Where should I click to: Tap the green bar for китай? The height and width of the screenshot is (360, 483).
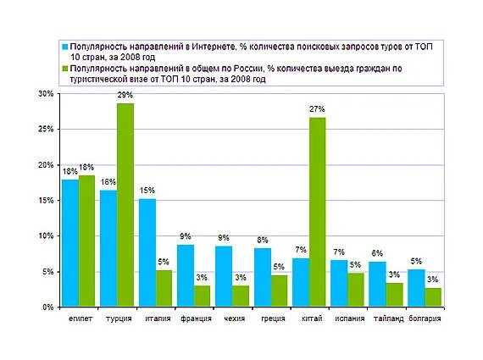pyautogui.click(x=317, y=212)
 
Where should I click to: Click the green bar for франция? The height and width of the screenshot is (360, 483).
pyautogui.click(x=203, y=296)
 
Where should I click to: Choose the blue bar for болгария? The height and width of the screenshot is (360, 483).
pyautogui.click(x=416, y=288)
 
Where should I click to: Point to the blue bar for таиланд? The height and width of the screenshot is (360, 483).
pyautogui.click(x=378, y=284)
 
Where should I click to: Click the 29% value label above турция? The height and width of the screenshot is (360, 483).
pyautogui.click(x=125, y=95)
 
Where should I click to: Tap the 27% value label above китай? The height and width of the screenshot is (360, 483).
pyautogui.click(x=317, y=109)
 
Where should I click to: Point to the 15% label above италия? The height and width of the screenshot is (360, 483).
pyautogui.click(x=147, y=191)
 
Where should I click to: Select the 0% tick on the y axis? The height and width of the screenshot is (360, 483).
pyautogui.click(x=48, y=307)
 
